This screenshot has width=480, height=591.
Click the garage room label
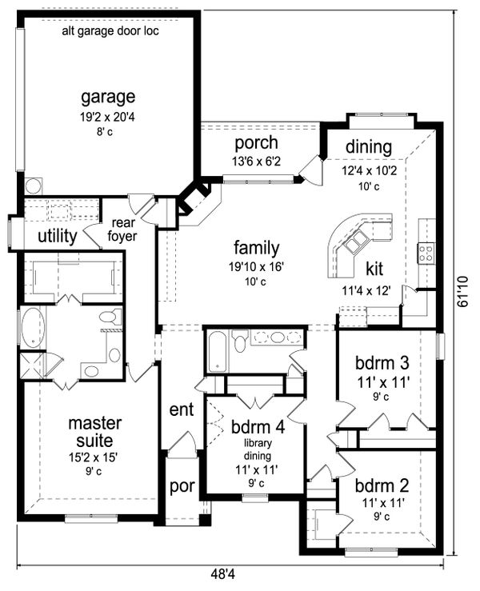[108, 98]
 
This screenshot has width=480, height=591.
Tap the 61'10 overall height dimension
[463, 291]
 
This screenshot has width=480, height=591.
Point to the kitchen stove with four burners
[426, 254]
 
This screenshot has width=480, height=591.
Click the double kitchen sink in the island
[355, 242]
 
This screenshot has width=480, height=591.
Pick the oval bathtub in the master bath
[33, 328]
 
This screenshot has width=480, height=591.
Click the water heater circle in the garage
[34, 186]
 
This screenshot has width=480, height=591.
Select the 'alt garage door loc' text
[110, 31]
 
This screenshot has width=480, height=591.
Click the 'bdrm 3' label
[382, 363]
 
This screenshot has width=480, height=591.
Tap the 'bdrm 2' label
[382, 485]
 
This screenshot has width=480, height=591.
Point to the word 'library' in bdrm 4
[258, 443]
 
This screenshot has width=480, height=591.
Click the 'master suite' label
[95, 432]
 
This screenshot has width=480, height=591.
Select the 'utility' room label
[58, 237]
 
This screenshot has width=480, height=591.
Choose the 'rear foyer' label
[122, 230]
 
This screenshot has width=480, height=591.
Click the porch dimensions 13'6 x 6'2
[257, 162]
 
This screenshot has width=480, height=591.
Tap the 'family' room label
[257, 248]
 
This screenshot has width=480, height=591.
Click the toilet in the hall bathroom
[238, 341]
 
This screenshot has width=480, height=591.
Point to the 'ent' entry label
[182, 409]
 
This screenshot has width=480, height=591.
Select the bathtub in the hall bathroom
[217, 351]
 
